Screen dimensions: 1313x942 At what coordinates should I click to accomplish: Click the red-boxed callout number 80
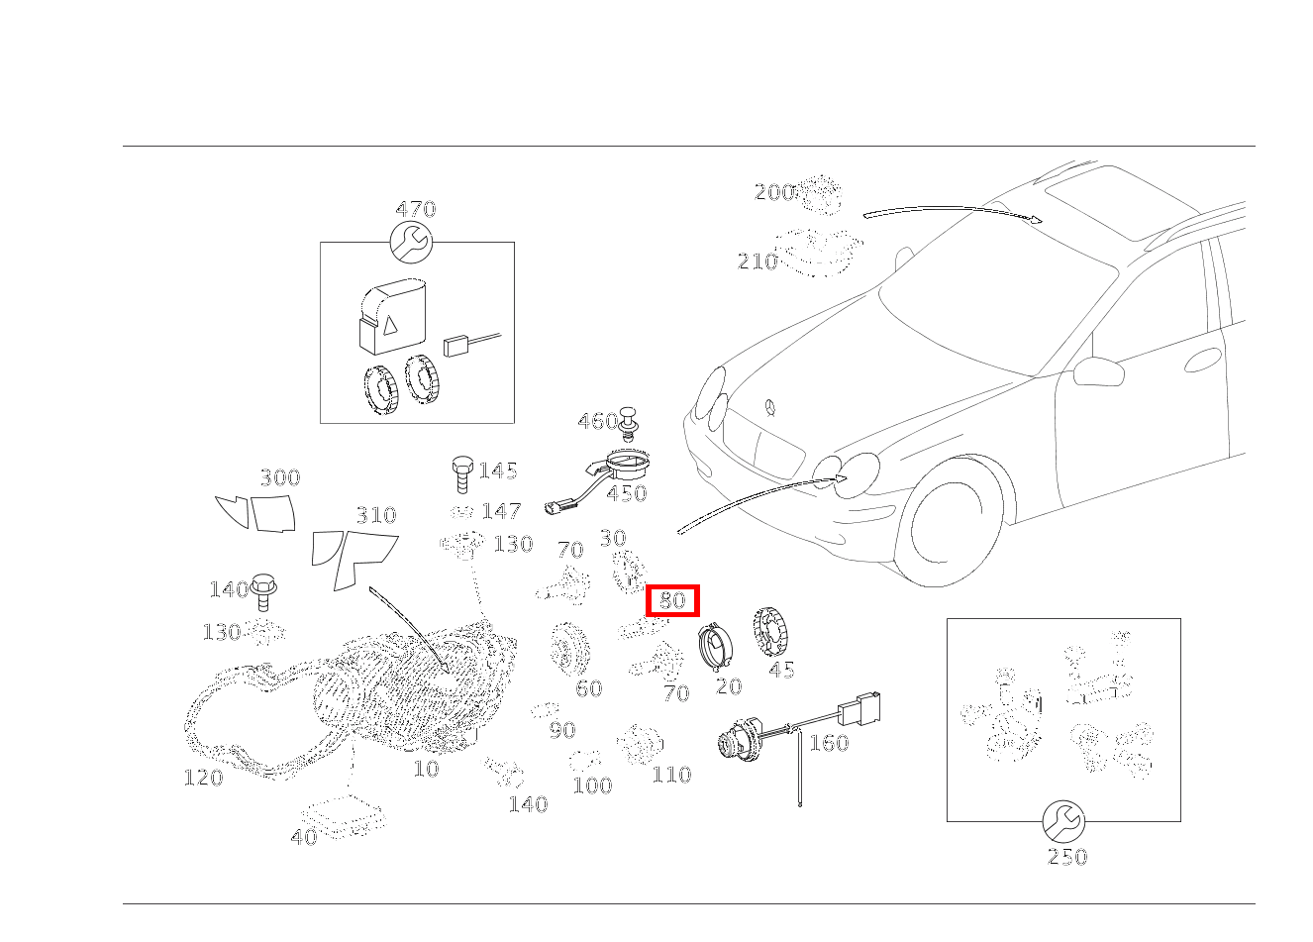[x=672, y=600]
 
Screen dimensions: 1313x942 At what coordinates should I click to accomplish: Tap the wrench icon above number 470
[x=411, y=242]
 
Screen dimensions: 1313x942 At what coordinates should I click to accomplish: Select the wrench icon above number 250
[x=1063, y=821]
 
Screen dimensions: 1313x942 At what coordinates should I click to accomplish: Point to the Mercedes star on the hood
[x=769, y=408]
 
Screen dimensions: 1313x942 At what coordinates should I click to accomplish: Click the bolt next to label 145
[x=461, y=473]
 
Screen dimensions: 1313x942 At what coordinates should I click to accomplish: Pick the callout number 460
[x=597, y=421]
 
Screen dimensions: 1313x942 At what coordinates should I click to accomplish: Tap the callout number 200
[x=773, y=192]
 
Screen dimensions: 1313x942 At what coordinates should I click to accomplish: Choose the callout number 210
[x=757, y=262]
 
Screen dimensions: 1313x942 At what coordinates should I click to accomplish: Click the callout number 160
[x=829, y=743]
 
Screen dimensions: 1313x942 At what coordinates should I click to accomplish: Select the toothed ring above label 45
[x=769, y=633]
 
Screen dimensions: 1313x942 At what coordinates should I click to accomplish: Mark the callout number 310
[x=376, y=515]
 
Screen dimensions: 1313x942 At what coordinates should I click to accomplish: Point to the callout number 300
[x=280, y=477]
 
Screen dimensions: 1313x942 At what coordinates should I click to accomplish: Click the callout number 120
[x=203, y=778]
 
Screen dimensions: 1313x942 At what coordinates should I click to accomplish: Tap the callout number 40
[x=304, y=837]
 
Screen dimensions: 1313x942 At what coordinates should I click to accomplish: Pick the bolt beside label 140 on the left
[x=262, y=592]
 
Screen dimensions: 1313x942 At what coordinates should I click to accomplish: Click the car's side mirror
[x=1098, y=370]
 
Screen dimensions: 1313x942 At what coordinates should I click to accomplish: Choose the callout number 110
[x=671, y=775]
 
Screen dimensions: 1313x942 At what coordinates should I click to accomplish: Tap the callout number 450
[x=627, y=493]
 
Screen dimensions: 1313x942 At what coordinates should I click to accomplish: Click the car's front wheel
[x=949, y=522]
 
